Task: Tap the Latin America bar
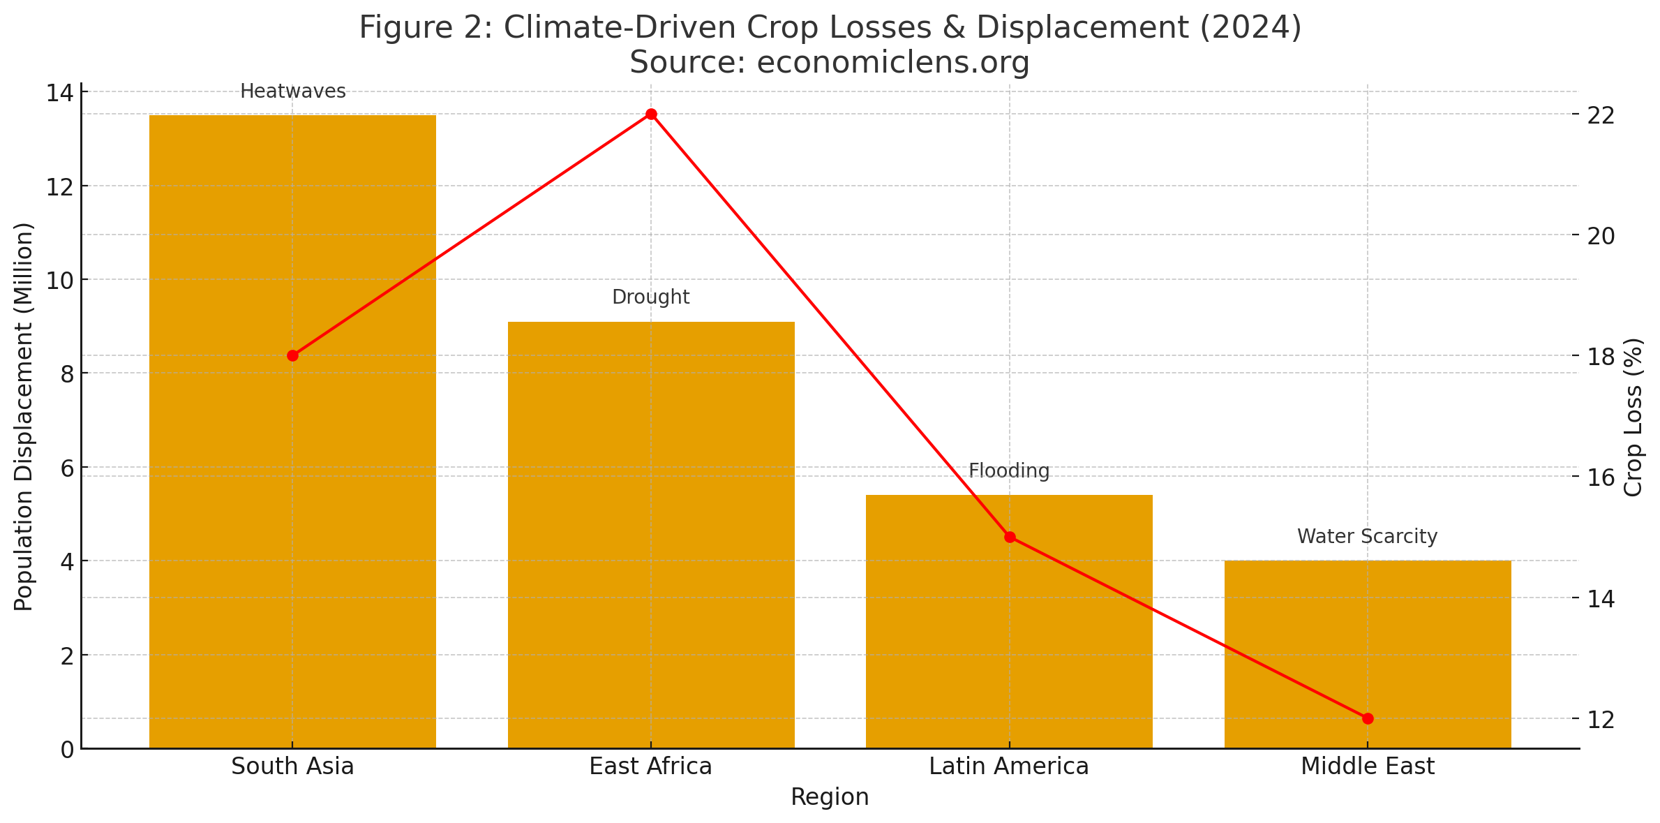click(1009, 628)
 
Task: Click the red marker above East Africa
click(651, 114)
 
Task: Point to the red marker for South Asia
click(292, 355)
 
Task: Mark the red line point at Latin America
click(1009, 537)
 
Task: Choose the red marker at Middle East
click(1367, 718)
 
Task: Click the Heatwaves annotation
click(292, 91)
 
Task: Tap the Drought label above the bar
click(650, 297)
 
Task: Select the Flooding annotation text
click(1009, 471)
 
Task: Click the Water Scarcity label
click(1367, 537)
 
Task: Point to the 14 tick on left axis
click(59, 93)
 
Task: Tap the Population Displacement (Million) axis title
click(24, 416)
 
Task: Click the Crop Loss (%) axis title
click(1634, 417)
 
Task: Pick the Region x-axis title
click(830, 797)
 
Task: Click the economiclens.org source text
click(830, 63)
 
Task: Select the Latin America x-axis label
click(1009, 766)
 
